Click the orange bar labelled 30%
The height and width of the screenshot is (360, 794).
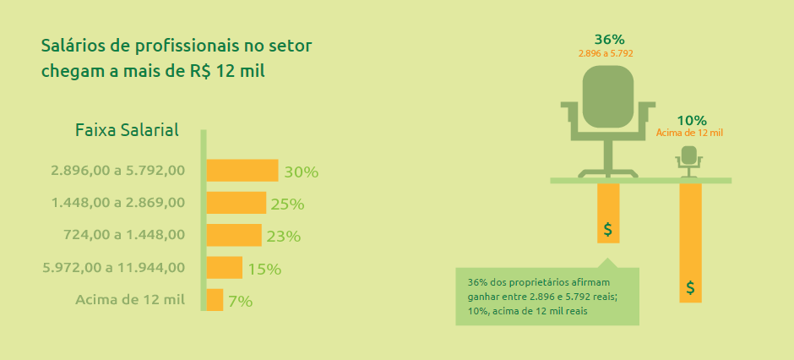coord(242,170)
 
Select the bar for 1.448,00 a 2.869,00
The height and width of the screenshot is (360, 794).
coord(237,203)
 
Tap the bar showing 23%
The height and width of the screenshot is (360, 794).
coord(234,235)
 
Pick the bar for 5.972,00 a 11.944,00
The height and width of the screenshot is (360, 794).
coord(225,267)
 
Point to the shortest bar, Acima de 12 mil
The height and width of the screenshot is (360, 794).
coord(215,300)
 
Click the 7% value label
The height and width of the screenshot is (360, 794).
coord(240,302)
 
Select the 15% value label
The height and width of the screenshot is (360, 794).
coord(264,269)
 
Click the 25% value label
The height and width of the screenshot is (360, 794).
coord(287,205)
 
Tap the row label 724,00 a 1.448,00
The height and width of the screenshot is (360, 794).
coord(124,236)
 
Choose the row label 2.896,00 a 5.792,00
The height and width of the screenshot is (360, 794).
coord(118,170)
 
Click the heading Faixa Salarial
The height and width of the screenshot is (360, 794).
coord(127,131)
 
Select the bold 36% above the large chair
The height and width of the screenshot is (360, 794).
coord(610,40)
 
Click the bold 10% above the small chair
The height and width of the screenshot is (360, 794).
coord(692,121)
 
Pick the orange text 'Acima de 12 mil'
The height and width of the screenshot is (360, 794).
coord(689,134)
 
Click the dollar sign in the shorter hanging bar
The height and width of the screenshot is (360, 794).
coord(608,230)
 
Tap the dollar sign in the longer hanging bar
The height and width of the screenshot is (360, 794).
coord(690,287)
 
